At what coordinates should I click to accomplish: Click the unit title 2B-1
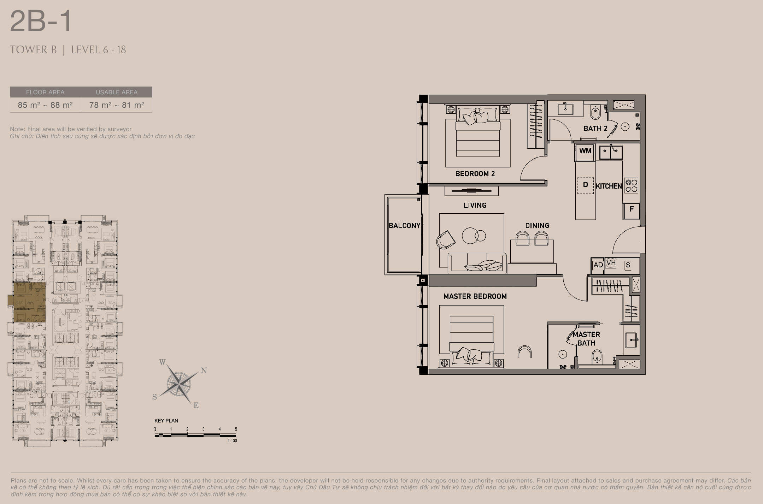pos(41,21)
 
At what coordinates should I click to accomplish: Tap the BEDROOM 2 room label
pos(475,174)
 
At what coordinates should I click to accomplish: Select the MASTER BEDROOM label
pos(475,296)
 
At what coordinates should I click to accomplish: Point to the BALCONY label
pos(404,225)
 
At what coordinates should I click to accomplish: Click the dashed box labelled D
pos(585,185)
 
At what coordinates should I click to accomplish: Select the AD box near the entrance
pos(598,265)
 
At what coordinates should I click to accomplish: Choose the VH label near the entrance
pos(611,263)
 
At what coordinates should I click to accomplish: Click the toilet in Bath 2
pos(595,112)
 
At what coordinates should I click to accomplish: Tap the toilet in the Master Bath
pos(597,356)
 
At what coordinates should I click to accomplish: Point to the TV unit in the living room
pos(471,191)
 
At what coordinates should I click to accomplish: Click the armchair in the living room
pos(445,240)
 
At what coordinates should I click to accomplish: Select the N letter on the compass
pos(204,370)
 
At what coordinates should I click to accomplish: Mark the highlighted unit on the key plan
pos(28,302)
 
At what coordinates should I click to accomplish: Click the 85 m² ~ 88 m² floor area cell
pos(45,105)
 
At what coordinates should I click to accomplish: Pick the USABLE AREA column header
pos(117,92)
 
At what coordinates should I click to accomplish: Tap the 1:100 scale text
pos(232,441)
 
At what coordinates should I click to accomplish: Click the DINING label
pos(537,226)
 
